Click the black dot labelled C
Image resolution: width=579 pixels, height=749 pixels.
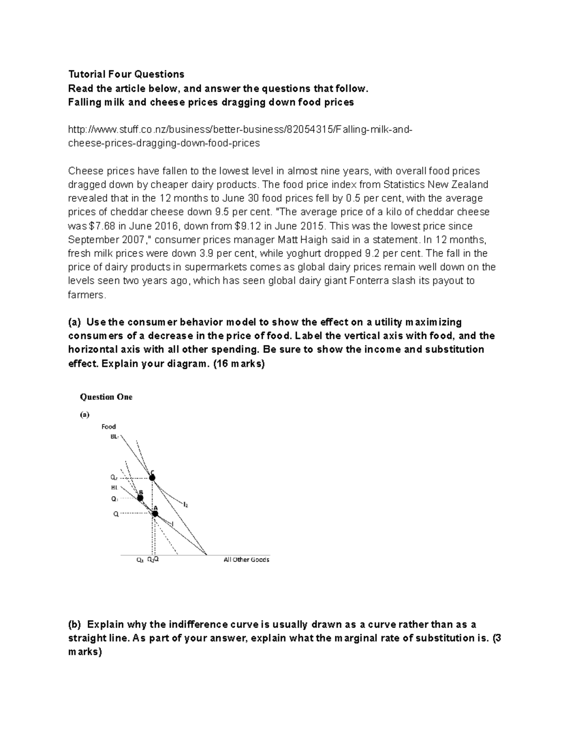point(152,477)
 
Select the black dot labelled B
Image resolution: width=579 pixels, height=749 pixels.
point(140,498)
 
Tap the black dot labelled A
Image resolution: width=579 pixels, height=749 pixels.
point(155,514)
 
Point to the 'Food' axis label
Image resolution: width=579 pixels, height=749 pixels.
point(109,426)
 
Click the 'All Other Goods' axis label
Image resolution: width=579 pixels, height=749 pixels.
point(246,559)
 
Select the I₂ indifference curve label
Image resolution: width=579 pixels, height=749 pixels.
point(185,504)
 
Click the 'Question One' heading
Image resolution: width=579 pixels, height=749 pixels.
point(106,397)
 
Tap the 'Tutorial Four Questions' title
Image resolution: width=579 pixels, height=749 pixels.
point(126,74)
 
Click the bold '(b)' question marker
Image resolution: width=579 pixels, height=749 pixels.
point(75,625)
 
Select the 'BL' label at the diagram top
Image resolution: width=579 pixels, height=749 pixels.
point(114,436)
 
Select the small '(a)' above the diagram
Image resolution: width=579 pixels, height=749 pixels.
point(84,414)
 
